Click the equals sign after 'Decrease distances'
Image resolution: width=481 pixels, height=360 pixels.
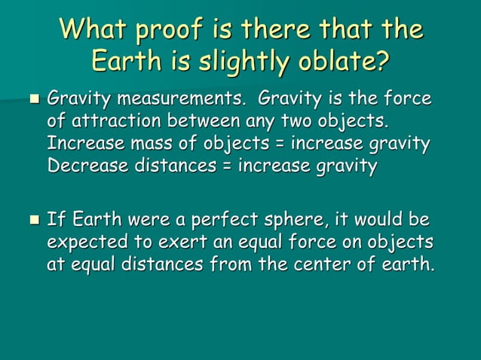pyautogui.click(x=225, y=165)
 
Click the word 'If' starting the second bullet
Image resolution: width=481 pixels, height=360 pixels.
pyautogui.click(x=54, y=221)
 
